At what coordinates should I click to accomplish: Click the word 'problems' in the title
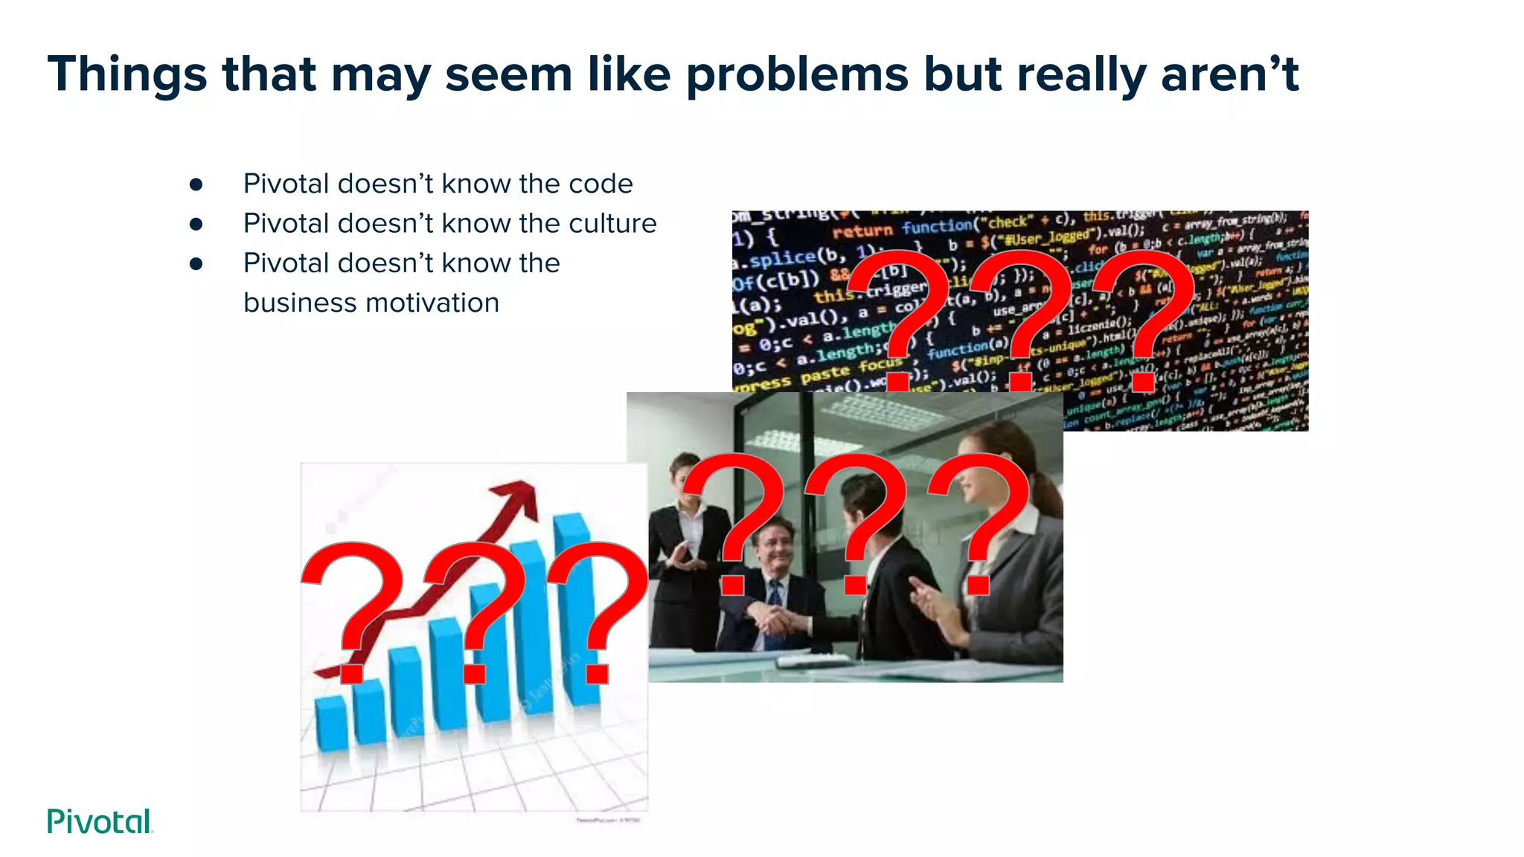click(x=796, y=75)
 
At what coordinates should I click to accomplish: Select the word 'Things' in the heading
click(x=127, y=75)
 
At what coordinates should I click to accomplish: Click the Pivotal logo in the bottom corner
click(x=100, y=821)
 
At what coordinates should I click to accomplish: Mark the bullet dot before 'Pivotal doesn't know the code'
click(x=196, y=184)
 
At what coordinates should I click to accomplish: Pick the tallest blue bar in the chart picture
click(x=576, y=606)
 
